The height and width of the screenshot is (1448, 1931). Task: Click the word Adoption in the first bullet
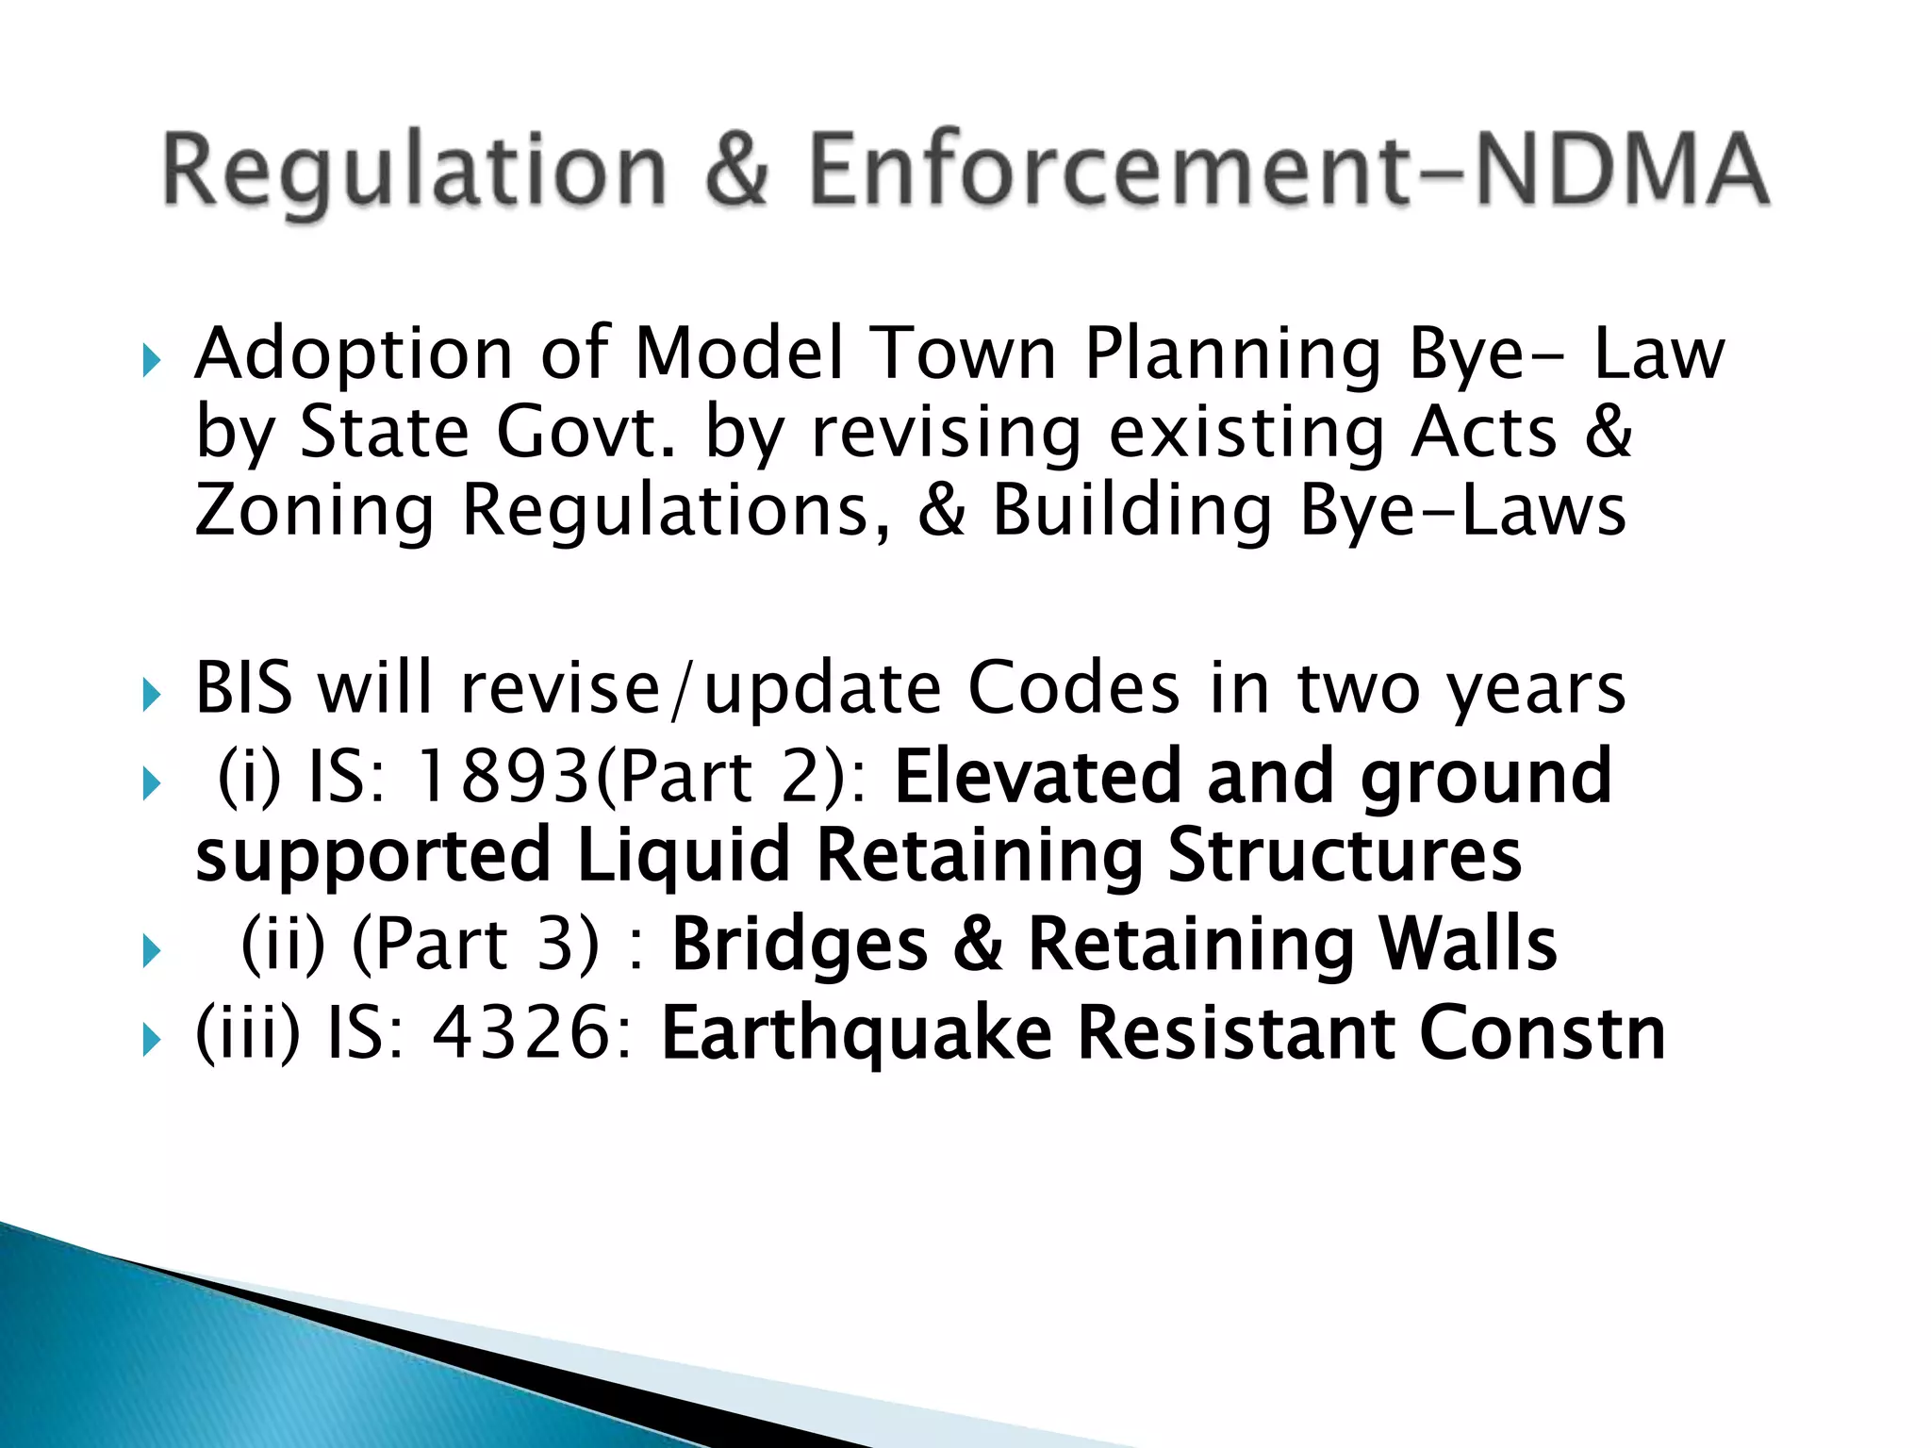pos(354,355)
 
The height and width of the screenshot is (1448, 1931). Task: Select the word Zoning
pos(314,511)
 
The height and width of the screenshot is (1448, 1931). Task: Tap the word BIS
pos(243,688)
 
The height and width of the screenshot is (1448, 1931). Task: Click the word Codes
pos(1073,688)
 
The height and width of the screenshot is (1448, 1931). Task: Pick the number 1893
pos(503,777)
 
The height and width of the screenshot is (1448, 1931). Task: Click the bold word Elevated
pos(1037,777)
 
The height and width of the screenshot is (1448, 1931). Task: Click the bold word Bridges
pos(800,945)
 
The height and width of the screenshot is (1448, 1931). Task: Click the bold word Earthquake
pos(856,1033)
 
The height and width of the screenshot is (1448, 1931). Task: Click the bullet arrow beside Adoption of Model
pos(151,360)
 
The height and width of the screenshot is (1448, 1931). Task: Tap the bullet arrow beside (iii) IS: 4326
pos(151,1040)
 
